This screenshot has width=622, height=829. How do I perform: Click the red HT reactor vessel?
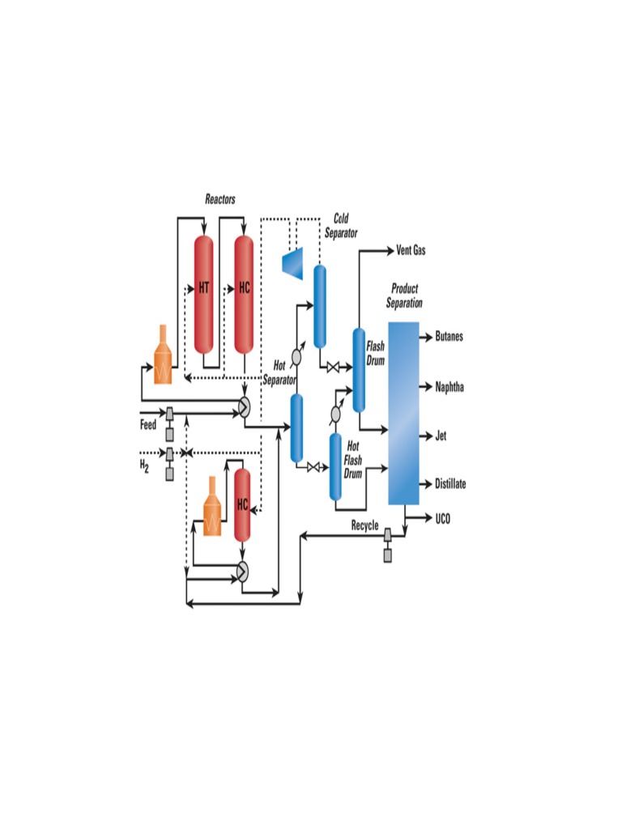203,294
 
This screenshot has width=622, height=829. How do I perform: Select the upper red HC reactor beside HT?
244,294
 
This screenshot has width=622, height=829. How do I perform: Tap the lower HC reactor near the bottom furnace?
242,504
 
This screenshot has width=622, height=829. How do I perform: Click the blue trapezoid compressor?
292,261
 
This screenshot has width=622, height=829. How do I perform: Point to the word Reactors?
219,199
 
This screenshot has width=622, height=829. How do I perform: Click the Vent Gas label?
411,251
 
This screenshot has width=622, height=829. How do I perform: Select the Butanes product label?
449,337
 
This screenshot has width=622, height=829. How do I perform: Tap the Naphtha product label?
449,387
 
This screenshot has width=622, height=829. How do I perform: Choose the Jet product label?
441,436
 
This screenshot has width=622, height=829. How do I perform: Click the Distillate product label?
450,484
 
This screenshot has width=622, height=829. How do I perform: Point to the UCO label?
442,518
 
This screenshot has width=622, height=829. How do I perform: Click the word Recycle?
364,525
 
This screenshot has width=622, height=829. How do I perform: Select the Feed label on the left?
148,424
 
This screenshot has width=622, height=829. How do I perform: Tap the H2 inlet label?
144,466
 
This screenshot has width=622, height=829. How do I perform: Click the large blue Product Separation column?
403,413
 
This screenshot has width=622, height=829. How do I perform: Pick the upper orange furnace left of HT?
164,356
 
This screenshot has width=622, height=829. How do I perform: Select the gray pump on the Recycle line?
387,544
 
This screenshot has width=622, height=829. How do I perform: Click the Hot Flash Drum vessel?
334,466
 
